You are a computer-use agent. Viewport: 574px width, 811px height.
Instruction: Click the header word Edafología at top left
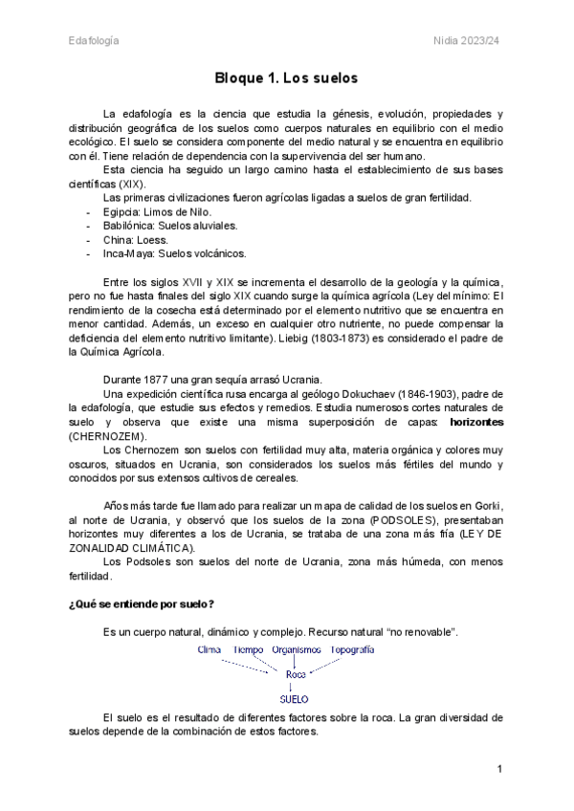[x=94, y=40]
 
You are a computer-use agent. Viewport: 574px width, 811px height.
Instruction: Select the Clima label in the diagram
[x=210, y=649]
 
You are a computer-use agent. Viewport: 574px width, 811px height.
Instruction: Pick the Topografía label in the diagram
[x=352, y=649]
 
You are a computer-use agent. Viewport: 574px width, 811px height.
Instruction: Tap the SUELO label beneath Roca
[x=294, y=699]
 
